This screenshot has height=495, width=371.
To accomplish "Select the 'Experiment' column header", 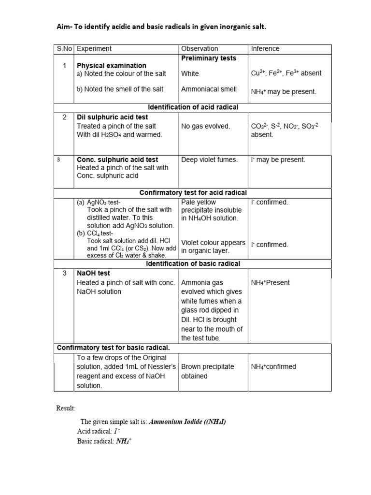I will (x=94, y=49).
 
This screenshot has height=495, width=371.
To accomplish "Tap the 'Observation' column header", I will (x=200, y=49).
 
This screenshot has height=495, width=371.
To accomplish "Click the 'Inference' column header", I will (x=265, y=49).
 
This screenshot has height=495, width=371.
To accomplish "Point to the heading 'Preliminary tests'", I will (x=209, y=58).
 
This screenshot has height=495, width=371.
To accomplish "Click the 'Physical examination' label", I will (x=112, y=65).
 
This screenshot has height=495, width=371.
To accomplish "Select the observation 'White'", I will (x=190, y=73).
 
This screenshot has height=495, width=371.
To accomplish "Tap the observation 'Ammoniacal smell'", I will (x=209, y=89).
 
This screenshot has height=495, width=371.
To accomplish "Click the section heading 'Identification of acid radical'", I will (x=192, y=107).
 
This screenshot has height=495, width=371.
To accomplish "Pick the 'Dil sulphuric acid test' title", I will (x=113, y=117).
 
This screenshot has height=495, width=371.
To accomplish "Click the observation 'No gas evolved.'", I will (x=205, y=126).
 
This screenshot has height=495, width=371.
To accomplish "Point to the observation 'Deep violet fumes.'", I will (x=209, y=160).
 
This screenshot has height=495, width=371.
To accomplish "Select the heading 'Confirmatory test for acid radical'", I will (x=193, y=192).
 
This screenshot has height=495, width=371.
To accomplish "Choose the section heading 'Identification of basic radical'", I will (x=193, y=263).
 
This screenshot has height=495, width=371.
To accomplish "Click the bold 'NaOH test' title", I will (x=94, y=273).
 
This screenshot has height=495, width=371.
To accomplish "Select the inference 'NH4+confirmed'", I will (x=273, y=366).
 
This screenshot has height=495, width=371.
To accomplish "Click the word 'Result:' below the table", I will (x=66, y=409).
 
